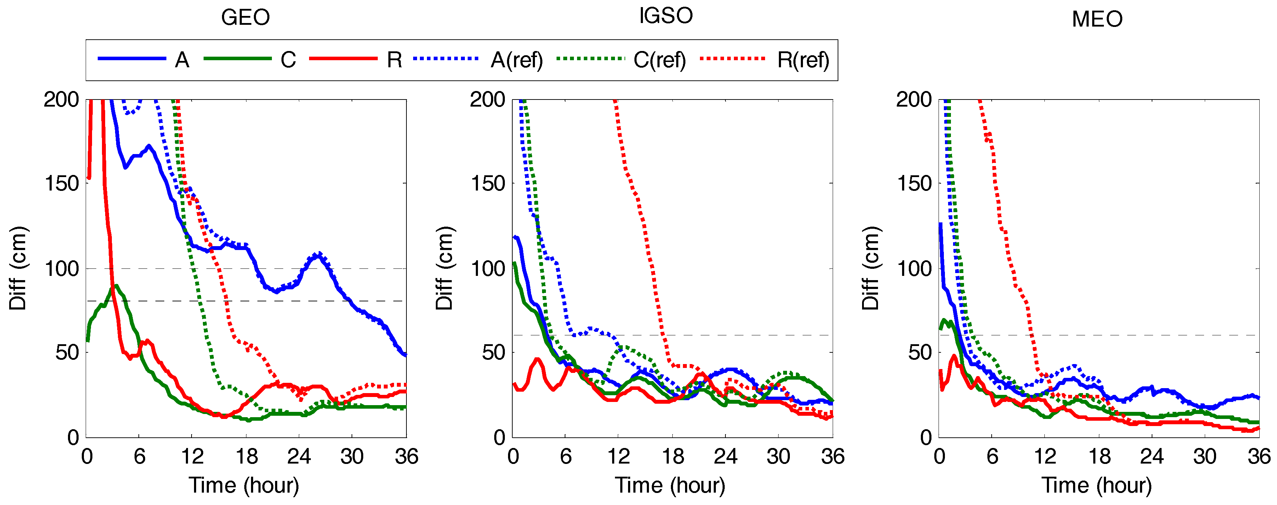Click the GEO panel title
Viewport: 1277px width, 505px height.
(x=245, y=18)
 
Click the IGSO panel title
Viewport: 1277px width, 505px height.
(x=666, y=16)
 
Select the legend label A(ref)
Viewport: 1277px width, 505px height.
(x=517, y=60)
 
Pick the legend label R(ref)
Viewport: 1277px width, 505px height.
(x=803, y=60)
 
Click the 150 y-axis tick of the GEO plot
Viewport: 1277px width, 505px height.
(x=62, y=183)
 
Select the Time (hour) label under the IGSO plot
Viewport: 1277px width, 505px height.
(x=670, y=485)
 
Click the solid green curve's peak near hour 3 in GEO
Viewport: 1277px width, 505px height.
(x=115, y=286)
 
